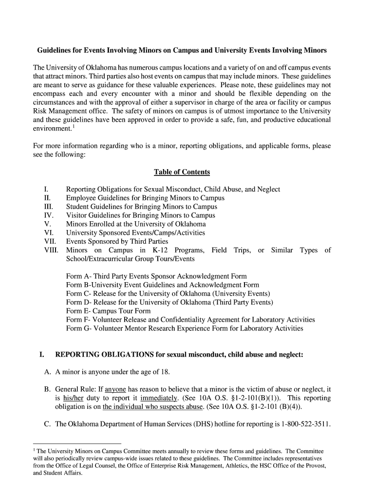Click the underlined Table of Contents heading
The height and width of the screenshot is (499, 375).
[x=182, y=172]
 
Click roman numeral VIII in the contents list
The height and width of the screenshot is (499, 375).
[x=51, y=250]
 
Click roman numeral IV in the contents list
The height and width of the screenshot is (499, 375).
[x=48, y=215]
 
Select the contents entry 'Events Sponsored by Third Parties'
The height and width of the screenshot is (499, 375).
[x=117, y=241]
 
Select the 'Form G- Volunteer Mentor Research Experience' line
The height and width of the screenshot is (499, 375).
[x=185, y=328]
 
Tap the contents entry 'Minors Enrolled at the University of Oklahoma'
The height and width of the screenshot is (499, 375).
[x=136, y=224]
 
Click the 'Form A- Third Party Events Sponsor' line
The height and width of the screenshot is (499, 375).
[x=156, y=276]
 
